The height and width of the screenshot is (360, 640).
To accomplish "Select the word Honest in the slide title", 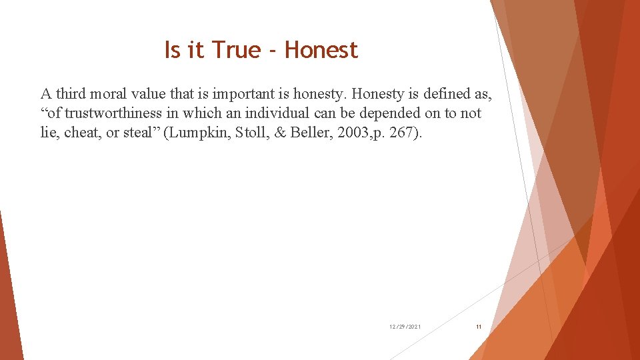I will tap(321, 50).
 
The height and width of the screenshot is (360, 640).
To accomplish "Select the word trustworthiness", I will tap(113, 113).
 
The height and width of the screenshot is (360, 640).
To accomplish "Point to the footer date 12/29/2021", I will tap(405, 327).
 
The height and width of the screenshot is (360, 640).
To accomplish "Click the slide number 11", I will tap(479, 327).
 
